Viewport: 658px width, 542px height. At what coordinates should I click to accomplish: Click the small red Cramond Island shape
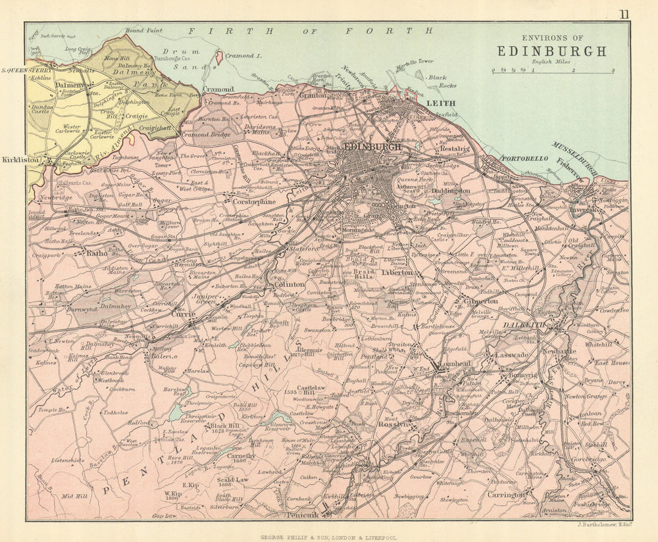(x=218, y=57)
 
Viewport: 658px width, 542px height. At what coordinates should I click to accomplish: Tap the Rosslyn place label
(x=393, y=425)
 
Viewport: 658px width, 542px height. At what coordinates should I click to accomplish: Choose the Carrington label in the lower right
(x=507, y=494)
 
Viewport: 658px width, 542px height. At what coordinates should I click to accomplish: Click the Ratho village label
(x=97, y=253)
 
